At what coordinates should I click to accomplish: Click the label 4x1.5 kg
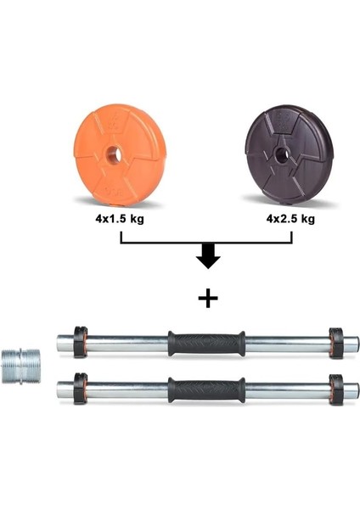118,219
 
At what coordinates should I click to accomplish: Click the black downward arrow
206,257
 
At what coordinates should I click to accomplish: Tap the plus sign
206,299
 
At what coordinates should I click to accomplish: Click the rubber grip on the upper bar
206,343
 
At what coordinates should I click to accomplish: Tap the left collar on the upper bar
79,343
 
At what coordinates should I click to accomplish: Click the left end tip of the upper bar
59,344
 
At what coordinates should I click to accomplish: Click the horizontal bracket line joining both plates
206,243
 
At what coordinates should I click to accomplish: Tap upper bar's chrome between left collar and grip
127,344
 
